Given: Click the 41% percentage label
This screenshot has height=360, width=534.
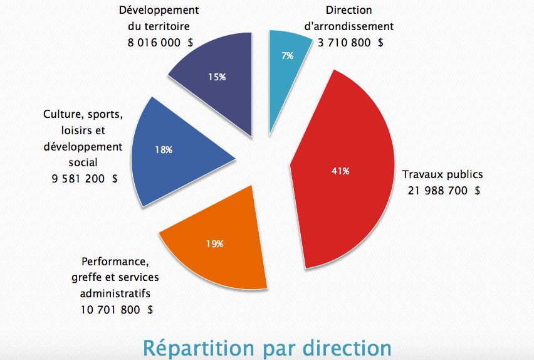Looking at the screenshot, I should (340, 170).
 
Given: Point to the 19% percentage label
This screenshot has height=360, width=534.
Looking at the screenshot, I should (214, 244).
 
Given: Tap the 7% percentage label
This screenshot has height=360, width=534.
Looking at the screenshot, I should (288, 56).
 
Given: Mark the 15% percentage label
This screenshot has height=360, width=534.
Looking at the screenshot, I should (217, 77).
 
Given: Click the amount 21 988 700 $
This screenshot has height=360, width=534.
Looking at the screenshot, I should (444, 191).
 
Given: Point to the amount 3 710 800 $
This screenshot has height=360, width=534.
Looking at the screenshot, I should (351, 43).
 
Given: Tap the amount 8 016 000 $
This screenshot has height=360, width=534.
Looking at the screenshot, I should (159, 43).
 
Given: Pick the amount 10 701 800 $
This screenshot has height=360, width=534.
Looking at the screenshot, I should (117, 309).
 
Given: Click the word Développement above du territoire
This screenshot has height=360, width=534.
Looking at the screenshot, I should (159, 11).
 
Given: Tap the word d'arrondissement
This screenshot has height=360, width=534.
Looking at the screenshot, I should (348, 26).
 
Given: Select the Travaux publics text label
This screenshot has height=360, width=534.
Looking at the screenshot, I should (442, 174).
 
